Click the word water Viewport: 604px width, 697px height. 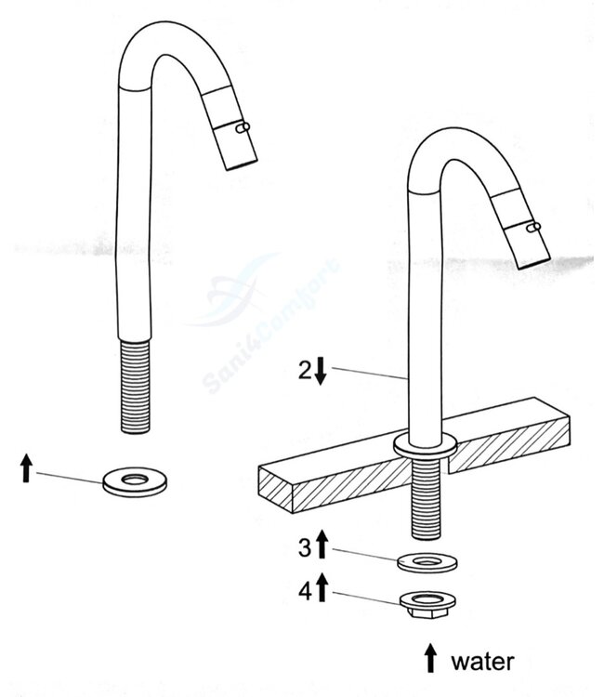[481, 661]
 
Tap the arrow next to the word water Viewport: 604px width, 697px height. [430, 659]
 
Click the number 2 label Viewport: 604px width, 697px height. [305, 370]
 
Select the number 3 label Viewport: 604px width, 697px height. [304, 547]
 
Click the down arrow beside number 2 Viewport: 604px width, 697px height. [321, 371]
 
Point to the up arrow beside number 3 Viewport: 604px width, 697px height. [322, 545]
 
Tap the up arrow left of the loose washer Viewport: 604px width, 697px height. [26, 467]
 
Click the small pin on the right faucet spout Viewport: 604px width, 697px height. [532, 227]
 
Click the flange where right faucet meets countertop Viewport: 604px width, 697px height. [425, 445]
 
